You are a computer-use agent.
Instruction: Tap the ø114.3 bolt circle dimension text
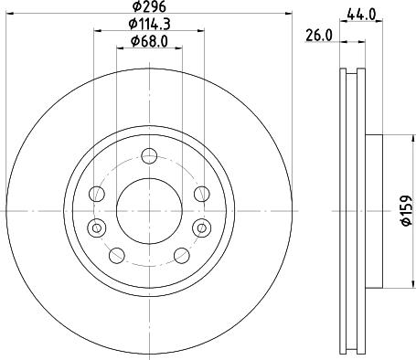pos(148,24)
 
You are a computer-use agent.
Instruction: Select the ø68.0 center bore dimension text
pos(148,40)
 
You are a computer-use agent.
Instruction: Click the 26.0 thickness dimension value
pos(317,35)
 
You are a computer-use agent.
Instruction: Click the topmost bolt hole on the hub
pos(147,155)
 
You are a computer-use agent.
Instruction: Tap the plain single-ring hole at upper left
pos(95,193)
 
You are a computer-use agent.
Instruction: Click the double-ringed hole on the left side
pos(91,227)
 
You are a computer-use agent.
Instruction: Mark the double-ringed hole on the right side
pos(204,227)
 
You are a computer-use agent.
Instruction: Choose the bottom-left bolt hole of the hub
pos(117,253)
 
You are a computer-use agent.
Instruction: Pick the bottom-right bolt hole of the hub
pos(179,253)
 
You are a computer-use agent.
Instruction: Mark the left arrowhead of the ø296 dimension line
pos(8,16)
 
